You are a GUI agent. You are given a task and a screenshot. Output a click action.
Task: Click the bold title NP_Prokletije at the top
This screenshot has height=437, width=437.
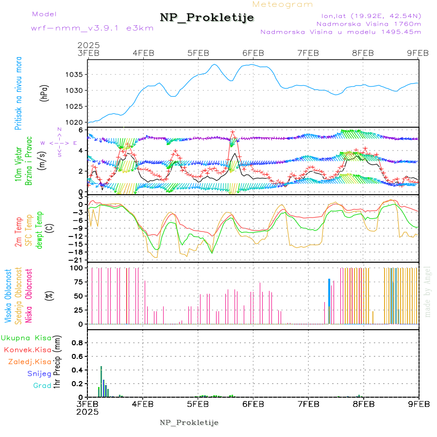coord(207,18)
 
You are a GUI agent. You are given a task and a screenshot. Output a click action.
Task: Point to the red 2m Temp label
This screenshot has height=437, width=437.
coord(18,232)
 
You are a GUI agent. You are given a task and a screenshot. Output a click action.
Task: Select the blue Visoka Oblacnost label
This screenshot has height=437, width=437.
coord(8,296)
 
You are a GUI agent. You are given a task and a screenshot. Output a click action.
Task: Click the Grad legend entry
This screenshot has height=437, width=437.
coord(42,386)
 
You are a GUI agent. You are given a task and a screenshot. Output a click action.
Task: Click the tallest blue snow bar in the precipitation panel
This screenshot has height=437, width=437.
coord(101,381)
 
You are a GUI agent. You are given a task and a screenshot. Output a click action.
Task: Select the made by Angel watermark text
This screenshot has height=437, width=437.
coord(428,291)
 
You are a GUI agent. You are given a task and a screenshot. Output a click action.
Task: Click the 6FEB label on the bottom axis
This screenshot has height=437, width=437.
coord(253,404)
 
